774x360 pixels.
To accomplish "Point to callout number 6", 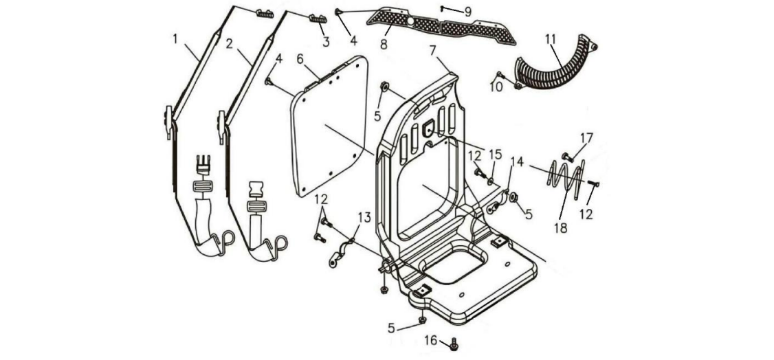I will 300,59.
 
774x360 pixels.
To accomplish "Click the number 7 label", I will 433,50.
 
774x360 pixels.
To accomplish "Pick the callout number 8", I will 384,44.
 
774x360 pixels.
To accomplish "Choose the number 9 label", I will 467,12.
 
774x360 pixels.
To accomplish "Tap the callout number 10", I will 496,87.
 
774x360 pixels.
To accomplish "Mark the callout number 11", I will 550,39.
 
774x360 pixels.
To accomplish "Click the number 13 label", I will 364,218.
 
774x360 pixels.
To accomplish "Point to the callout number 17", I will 586,137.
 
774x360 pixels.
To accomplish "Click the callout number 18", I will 561,227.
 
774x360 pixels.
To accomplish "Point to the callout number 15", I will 495,155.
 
